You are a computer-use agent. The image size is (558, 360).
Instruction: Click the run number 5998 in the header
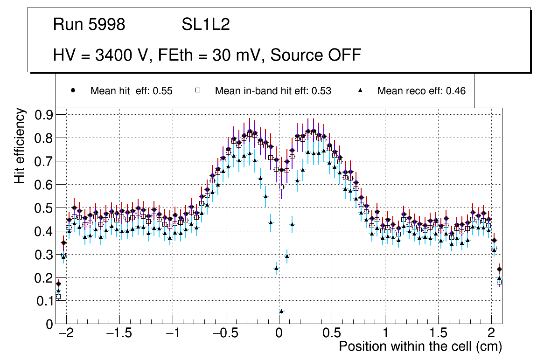pos(108,25)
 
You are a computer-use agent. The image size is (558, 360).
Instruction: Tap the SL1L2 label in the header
pos(206,25)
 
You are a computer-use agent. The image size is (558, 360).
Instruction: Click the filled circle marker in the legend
pos(72,90)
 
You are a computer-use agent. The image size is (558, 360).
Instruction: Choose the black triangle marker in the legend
pos(360,90)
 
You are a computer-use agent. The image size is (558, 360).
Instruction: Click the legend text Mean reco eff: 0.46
pos(421,91)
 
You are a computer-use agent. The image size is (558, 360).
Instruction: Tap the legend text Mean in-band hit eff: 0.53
pos(273,91)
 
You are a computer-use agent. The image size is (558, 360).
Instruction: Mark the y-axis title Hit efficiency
pos(20,145)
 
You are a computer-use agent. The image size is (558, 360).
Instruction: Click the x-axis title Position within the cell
pos(420,346)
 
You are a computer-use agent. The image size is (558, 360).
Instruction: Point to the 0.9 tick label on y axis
pos(45,115)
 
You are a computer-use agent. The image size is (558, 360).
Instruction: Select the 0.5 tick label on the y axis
pos(45,208)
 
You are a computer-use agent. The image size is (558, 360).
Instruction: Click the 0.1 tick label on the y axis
pos(45,301)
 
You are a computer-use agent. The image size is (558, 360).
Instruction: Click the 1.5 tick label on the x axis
pos(438,334)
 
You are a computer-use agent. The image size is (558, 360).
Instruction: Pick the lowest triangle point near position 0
pos(281,311)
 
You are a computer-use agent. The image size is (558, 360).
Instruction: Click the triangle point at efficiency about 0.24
pos(276,268)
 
